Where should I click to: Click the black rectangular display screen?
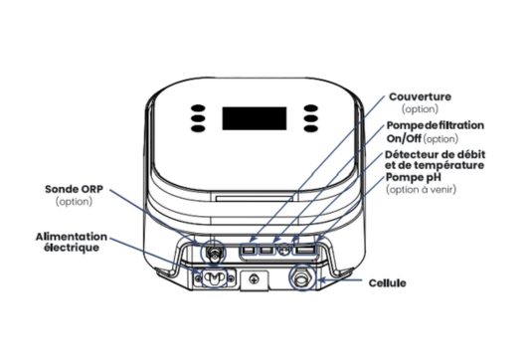pyautogui.click(x=255, y=118)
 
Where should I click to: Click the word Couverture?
pyautogui.click(x=420, y=96)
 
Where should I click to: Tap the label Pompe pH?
pyautogui.click(x=414, y=177)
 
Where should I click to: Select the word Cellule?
pyautogui.click(x=388, y=283)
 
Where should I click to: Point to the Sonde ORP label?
pyautogui.click(x=74, y=189)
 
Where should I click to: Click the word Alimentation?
pyautogui.click(x=72, y=237)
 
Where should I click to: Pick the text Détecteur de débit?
pyautogui.click(x=436, y=154)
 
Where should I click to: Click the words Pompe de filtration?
pyautogui.click(x=436, y=125)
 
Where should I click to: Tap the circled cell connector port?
pyautogui.click(x=303, y=278)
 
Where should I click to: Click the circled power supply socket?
pyautogui.click(x=214, y=277)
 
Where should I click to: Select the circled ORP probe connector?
pyautogui.click(x=213, y=252)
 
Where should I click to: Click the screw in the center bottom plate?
pyautogui.click(x=254, y=279)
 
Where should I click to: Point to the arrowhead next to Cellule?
pyautogui.click(x=322, y=280)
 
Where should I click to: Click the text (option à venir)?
pyautogui.click(x=421, y=189)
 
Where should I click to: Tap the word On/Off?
pyautogui.click(x=404, y=138)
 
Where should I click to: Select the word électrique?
pyautogui.click(x=72, y=248)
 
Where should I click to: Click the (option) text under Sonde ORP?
pyautogui.click(x=74, y=202)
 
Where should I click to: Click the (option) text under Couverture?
pyautogui.click(x=420, y=109)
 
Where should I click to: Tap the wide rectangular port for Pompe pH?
pyautogui.click(x=305, y=250)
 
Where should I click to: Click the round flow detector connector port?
pyautogui.click(x=284, y=250)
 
